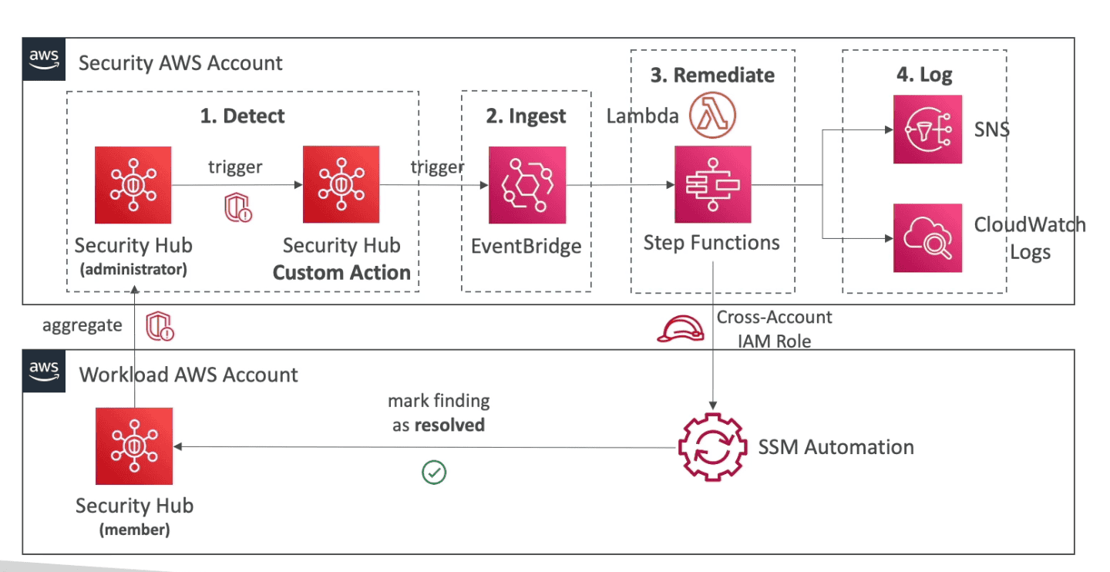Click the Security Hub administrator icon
(x=133, y=180)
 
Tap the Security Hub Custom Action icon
(x=341, y=180)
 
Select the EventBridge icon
(x=527, y=185)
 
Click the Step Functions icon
(x=712, y=185)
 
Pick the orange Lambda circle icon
(x=714, y=115)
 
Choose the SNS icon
(x=927, y=130)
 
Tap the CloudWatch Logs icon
(x=927, y=238)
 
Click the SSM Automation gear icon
(x=712, y=448)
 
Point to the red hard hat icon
(x=680, y=329)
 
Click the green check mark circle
(x=435, y=473)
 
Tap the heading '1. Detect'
(x=242, y=116)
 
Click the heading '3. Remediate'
(x=712, y=75)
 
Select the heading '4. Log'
(x=924, y=75)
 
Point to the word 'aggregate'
(x=82, y=325)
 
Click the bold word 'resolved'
(x=449, y=425)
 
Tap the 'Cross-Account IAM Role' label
(x=774, y=329)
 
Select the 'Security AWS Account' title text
(x=181, y=63)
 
